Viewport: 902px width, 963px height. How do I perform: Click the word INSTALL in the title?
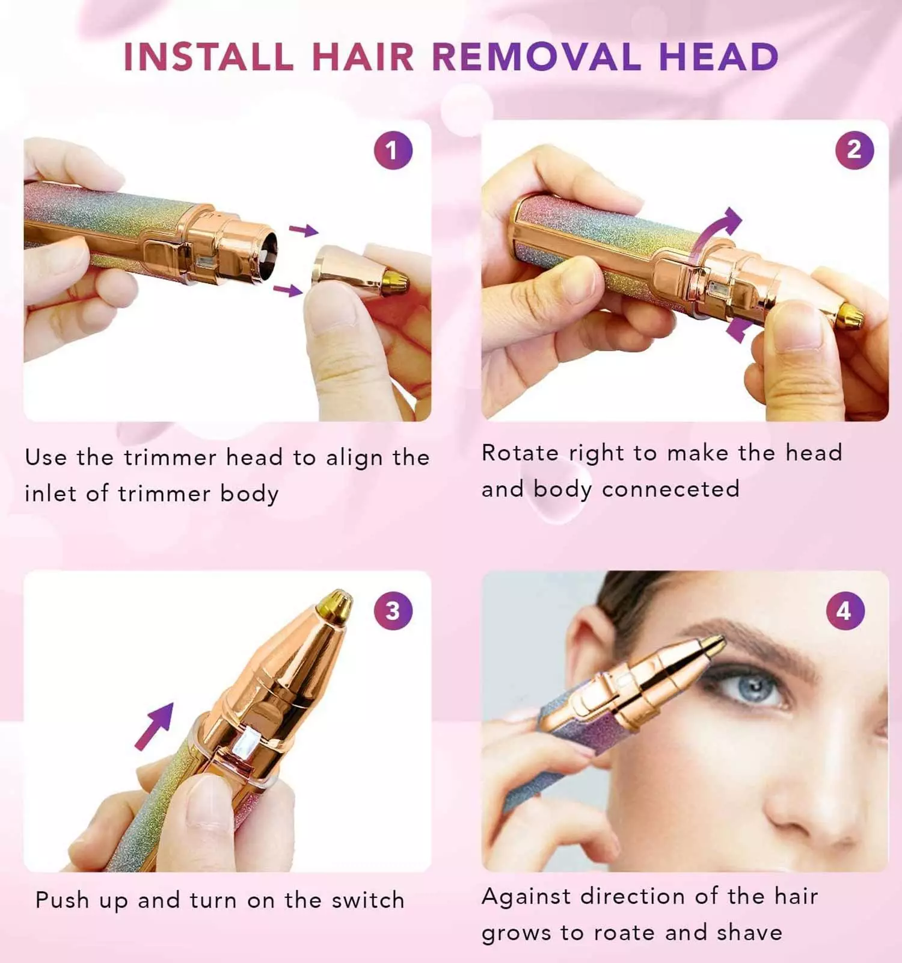[x=209, y=57]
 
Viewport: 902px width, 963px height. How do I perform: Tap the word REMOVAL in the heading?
[x=537, y=57]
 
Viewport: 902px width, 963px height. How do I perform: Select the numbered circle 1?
[x=393, y=150]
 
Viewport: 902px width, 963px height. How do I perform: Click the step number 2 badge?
[x=854, y=150]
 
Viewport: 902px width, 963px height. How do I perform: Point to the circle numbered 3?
[x=393, y=611]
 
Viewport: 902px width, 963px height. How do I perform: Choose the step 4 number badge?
[x=845, y=611]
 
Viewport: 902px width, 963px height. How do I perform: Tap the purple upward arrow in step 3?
[x=154, y=726]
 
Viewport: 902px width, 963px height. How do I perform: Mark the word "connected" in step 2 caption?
[x=670, y=489]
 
